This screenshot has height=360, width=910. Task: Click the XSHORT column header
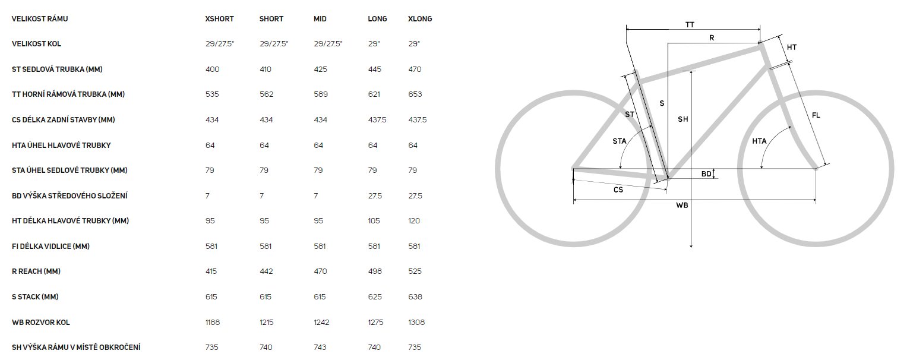point(219,18)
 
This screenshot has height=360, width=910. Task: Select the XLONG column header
point(420,18)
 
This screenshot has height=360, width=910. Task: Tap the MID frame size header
point(320,18)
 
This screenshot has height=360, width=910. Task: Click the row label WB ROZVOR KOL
point(40,322)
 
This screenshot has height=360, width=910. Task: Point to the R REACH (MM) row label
point(36,271)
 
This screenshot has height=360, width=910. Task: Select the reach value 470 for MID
point(320,271)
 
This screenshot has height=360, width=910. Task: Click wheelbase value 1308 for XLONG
point(416,322)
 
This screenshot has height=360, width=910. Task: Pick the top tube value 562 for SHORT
point(267,94)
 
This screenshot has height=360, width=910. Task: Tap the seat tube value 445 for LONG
point(375,70)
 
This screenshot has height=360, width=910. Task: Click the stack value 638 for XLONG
point(415,297)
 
